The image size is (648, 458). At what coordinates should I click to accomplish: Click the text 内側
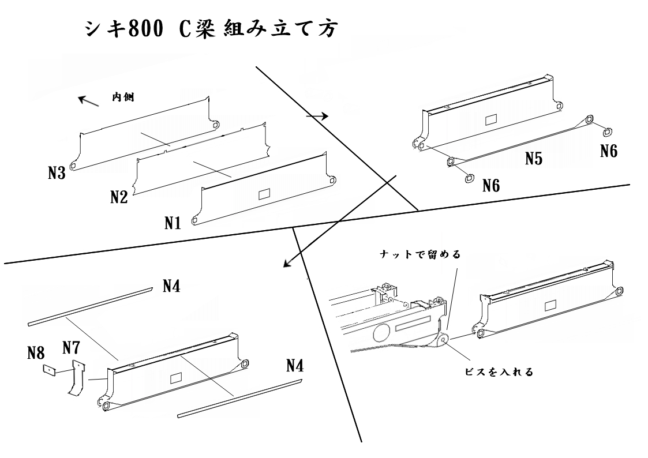click(123, 99)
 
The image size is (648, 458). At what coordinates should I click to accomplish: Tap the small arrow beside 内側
click(89, 102)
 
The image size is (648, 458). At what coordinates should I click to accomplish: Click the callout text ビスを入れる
click(499, 371)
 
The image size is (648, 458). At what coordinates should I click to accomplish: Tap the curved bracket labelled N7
click(76, 378)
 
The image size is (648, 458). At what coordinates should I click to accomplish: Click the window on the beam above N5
click(491, 119)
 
